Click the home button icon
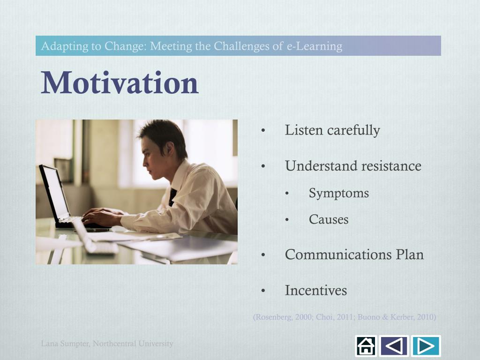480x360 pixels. point(366,346)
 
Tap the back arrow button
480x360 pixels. point(394,346)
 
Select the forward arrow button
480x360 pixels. point(426,346)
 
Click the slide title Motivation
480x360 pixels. point(120,82)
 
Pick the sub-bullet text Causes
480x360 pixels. point(329,219)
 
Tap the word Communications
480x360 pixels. point(338,255)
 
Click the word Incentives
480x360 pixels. point(316,290)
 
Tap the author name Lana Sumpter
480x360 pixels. point(65,344)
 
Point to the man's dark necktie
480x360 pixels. point(172,197)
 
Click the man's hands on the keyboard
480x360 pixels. point(101,216)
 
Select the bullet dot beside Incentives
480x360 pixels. point(263,291)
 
